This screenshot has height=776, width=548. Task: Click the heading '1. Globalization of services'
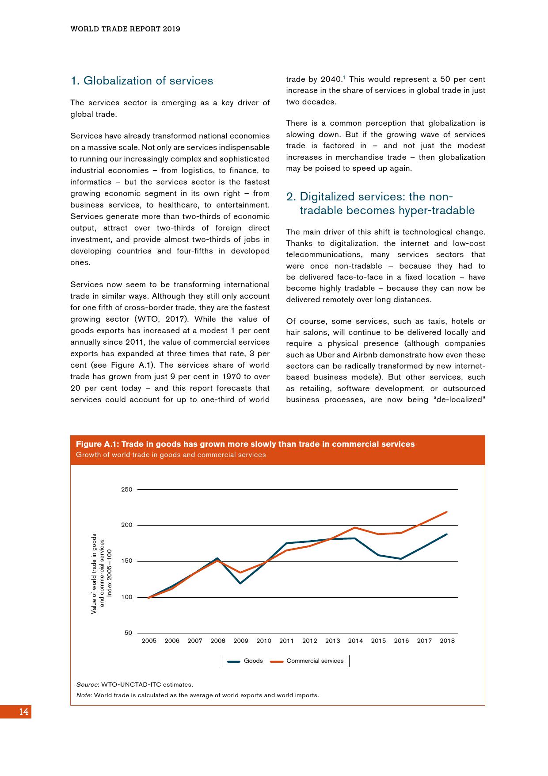(142, 81)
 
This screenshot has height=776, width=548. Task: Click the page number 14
(24, 712)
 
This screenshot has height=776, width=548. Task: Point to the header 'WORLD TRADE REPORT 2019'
(126, 29)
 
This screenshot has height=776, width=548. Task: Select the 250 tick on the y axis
(126, 490)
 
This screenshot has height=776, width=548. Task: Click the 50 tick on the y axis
(128, 633)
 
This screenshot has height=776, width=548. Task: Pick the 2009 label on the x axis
(240, 641)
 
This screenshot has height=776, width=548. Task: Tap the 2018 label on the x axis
(447, 641)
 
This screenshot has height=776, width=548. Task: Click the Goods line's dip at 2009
(240, 583)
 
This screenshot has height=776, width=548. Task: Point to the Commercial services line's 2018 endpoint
(447, 512)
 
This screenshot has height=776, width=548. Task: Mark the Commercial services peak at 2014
(355, 527)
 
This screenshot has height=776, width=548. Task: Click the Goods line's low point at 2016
(401, 559)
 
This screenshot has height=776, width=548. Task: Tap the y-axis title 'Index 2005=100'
(110, 573)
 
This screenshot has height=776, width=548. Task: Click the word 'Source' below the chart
(87, 684)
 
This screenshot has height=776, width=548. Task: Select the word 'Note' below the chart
(84, 695)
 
